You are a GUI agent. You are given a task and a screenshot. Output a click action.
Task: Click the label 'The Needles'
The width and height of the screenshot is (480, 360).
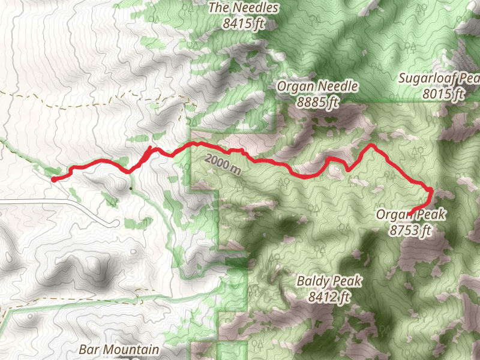pos(243,8)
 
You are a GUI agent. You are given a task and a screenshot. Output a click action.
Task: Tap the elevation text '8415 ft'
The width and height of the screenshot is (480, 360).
pos(243,24)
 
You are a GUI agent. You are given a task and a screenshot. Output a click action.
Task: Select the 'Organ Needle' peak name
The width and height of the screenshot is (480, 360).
pos(317,86)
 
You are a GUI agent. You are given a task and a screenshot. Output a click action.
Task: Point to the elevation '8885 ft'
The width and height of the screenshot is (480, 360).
pos(317,102)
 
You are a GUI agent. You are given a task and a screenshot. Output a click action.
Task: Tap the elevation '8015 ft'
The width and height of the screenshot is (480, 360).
pos(443,94)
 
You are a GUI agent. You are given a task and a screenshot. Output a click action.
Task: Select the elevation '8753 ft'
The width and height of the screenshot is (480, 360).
pos(410,229)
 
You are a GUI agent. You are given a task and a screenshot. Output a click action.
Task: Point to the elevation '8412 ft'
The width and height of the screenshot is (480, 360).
pos(328,296)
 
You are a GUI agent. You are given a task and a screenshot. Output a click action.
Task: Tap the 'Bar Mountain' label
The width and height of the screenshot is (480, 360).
pos(119,349)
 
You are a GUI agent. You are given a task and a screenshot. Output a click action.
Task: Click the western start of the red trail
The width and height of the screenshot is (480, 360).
pos(53,179)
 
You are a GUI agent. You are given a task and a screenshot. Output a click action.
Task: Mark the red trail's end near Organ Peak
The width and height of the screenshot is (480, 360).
pos(411,211)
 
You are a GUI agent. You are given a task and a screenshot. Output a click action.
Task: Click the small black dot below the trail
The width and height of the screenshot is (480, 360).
pos(131,188)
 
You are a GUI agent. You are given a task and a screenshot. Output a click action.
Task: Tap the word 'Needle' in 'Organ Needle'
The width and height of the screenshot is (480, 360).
pos(339,86)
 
